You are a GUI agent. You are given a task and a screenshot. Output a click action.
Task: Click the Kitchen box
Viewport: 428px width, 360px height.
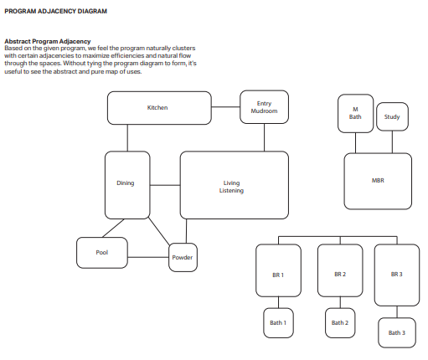click(x=158, y=108)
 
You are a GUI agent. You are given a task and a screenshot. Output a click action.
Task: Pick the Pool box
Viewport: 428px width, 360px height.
click(x=102, y=251)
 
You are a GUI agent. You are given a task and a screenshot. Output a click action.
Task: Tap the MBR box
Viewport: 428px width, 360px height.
click(x=378, y=180)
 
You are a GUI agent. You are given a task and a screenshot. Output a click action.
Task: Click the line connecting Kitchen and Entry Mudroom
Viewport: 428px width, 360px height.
click(x=225, y=107)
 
